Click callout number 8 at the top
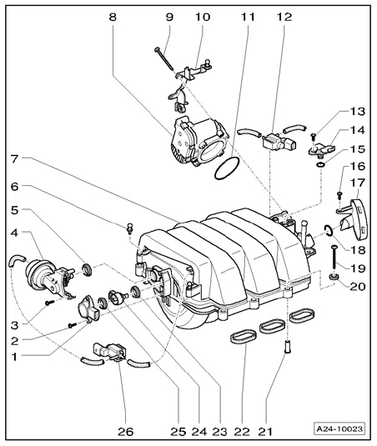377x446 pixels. pos(113,18)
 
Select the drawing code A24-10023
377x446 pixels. pos(340,428)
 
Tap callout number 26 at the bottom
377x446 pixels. pos(125,432)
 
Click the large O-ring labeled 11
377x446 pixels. pos(227,169)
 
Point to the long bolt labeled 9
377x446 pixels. pos(164,59)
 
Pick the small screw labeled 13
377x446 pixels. pos(313,137)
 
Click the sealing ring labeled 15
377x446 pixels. pos(321,165)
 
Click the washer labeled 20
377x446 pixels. pos(334,276)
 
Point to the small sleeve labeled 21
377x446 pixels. pos(288,347)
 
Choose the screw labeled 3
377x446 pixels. pos(49,303)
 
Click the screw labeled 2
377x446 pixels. pos(73,325)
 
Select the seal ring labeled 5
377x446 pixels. pos(87,269)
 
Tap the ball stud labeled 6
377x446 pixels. pos(130,228)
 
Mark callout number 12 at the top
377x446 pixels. pos(284,18)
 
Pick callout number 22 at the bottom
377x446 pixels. pos(242,432)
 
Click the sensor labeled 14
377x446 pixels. pos(322,149)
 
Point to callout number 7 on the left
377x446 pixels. pos(14,158)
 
